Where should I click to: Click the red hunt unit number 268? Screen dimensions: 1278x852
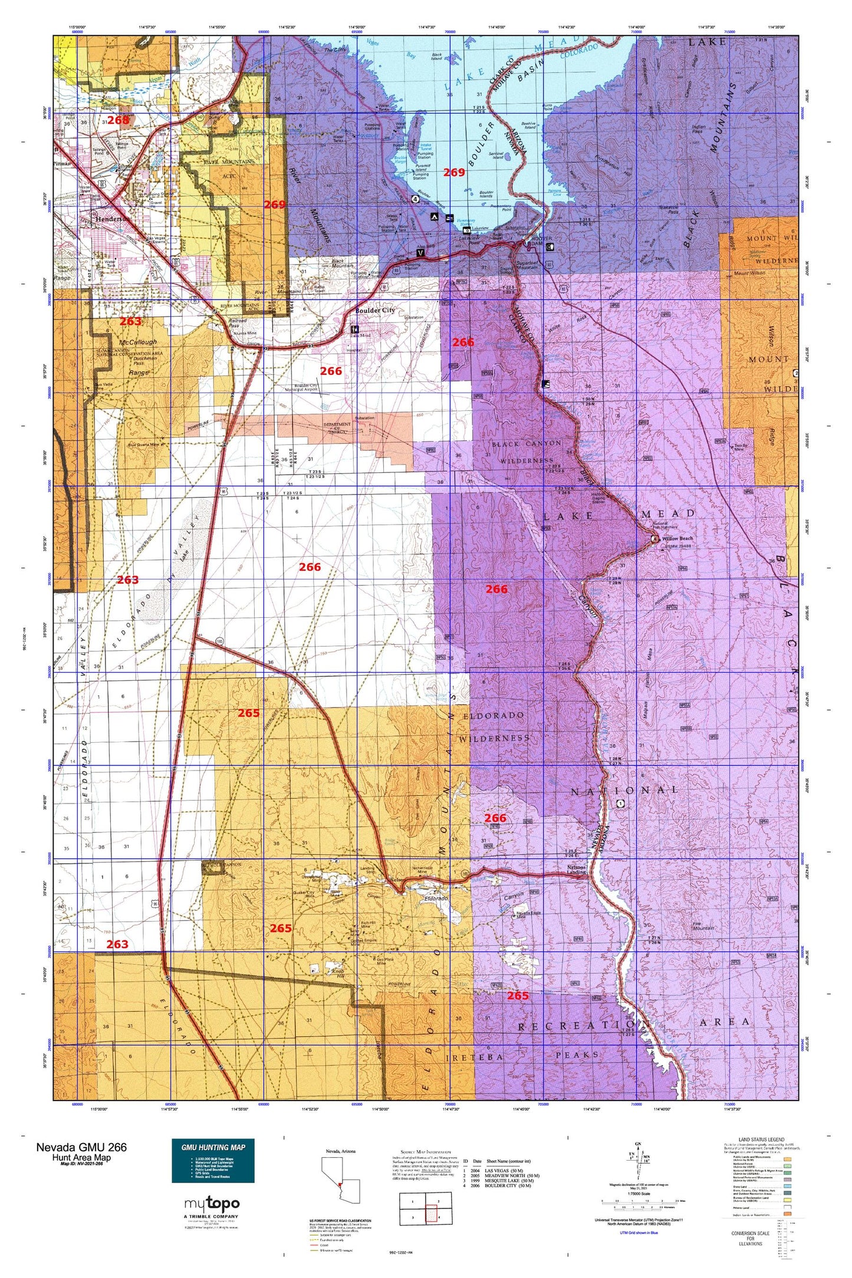[x=118, y=120]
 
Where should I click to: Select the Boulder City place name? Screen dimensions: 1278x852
[x=374, y=310]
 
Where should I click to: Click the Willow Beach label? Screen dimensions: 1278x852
[x=677, y=538]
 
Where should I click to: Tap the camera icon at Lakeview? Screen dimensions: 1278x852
[x=466, y=230]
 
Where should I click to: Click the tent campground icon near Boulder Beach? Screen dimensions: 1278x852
[x=434, y=216]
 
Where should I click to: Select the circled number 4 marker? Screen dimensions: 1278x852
[x=415, y=199]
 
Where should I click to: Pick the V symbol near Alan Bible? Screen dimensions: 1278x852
[x=420, y=252]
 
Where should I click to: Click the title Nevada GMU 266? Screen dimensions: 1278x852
[x=81, y=1147]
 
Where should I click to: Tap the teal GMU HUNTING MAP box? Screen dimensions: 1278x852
[x=213, y=1161]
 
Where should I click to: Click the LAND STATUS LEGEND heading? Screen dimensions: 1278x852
[x=761, y=1140]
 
